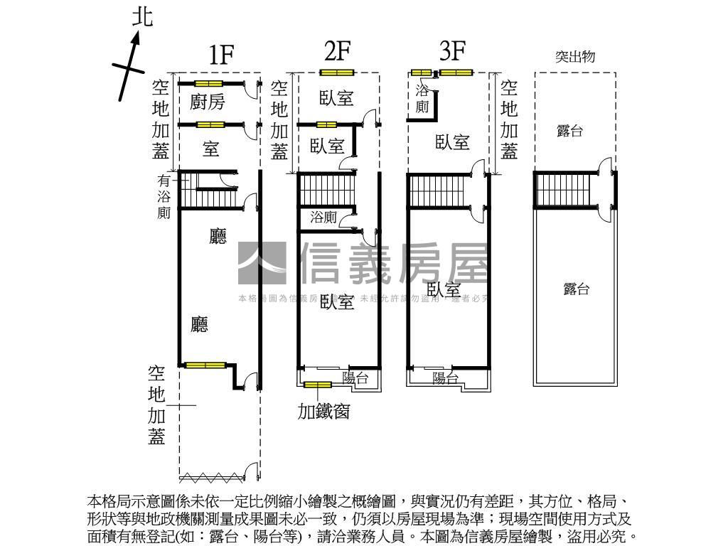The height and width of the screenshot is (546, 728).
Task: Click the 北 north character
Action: click(143, 16)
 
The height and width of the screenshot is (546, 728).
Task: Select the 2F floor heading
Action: click(337, 51)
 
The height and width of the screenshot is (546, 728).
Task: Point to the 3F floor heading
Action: click(451, 51)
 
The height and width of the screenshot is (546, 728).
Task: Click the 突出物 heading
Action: click(574, 58)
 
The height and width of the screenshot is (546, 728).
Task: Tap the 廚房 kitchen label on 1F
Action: click(208, 102)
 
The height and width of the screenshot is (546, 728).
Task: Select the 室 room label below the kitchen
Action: click(210, 149)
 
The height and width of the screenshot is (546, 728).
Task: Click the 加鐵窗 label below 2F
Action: click(323, 411)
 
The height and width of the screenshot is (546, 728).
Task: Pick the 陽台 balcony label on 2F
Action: click(355, 378)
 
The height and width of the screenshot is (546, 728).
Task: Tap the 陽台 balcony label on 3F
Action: click(446, 378)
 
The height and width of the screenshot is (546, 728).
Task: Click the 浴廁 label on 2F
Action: click(323, 218)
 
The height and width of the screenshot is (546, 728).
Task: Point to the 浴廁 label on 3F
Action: click(422, 99)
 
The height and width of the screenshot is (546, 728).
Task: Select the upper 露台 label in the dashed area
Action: click(569, 131)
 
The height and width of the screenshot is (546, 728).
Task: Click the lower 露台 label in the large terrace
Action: click(576, 289)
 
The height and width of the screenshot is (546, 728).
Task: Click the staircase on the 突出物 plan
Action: click(564, 191)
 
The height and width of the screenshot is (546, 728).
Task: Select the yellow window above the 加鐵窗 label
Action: click(317, 385)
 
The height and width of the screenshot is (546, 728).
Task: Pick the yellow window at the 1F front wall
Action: click(205, 365)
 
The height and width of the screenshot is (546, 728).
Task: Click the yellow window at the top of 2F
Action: click(336, 73)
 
